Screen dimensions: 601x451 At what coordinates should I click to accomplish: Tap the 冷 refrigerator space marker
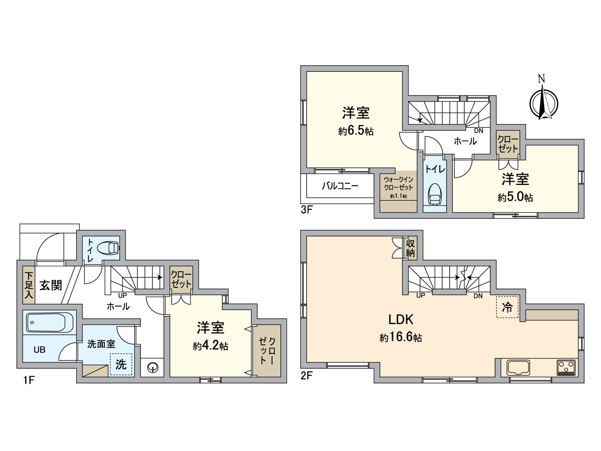(x=507, y=307)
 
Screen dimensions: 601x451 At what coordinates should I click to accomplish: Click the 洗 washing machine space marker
(x=121, y=364)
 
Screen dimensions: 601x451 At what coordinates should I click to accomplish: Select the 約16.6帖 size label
(x=400, y=337)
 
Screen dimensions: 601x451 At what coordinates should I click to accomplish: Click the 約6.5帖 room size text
(x=356, y=131)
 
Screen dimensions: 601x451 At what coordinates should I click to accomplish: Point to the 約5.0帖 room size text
(x=515, y=197)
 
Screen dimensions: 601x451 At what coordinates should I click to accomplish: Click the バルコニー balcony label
(x=340, y=186)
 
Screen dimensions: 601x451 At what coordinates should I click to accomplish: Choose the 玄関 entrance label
(x=51, y=285)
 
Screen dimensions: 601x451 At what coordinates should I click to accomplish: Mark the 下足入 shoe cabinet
(x=29, y=285)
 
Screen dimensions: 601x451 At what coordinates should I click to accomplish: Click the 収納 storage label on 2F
(x=410, y=248)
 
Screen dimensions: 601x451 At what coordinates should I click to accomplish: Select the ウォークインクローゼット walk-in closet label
(x=399, y=184)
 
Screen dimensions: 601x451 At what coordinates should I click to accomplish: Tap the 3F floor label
(x=307, y=210)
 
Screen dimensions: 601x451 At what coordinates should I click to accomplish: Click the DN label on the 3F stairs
(x=479, y=131)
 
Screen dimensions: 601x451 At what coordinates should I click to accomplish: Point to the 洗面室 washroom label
(x=101, y=344)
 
